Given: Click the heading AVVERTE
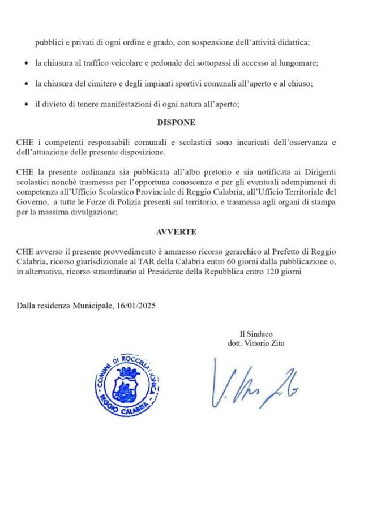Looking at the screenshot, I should click(x=176, y=232).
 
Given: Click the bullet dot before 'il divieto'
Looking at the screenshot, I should click(x=26, y=104).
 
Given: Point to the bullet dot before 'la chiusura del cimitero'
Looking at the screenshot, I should click(x=26, y=84).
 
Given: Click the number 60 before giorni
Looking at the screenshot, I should click(x=231, y=261).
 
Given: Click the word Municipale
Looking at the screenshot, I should click(x=93, y=306).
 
